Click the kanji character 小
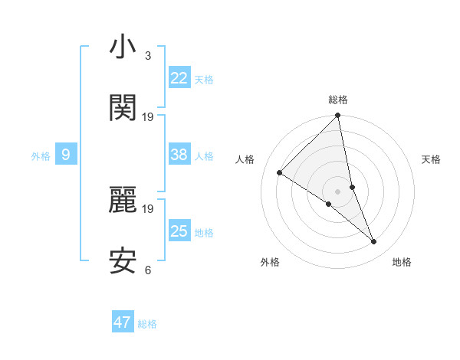click(123, 47)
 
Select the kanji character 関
click(123, 109)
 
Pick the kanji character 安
click(123, 261)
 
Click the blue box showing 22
click(179, 78)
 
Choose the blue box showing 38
click(179, 155)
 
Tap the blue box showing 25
click(179, 231)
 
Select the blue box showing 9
click(66, 155)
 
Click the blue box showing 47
click(123, 322)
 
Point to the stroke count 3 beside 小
click(148, 56)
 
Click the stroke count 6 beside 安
click(148, 270)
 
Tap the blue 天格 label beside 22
click(204, 79)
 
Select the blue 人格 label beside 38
click(204, 155)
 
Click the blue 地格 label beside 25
click(204, 232)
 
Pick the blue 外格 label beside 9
click(41, 155)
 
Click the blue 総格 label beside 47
click(147, 323)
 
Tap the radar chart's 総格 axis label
click(338, 100)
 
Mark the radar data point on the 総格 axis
click(338, 116)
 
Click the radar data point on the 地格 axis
click(374, 241)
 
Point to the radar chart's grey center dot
click(338, 191)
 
